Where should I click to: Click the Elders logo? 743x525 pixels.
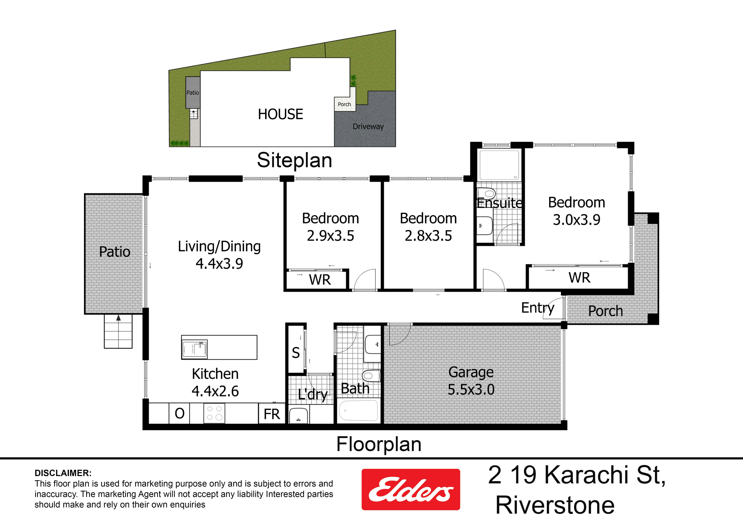[x=411, y=489]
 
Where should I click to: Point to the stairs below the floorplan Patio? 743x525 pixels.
[x=118, y=331]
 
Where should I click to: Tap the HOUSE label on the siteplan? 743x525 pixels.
[x=281, y=114]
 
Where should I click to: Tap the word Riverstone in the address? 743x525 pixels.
[x=555, y=505]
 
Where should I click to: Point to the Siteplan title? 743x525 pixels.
[x=295, y=160]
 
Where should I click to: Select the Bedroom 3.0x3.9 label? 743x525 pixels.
[x=577, y=211]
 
